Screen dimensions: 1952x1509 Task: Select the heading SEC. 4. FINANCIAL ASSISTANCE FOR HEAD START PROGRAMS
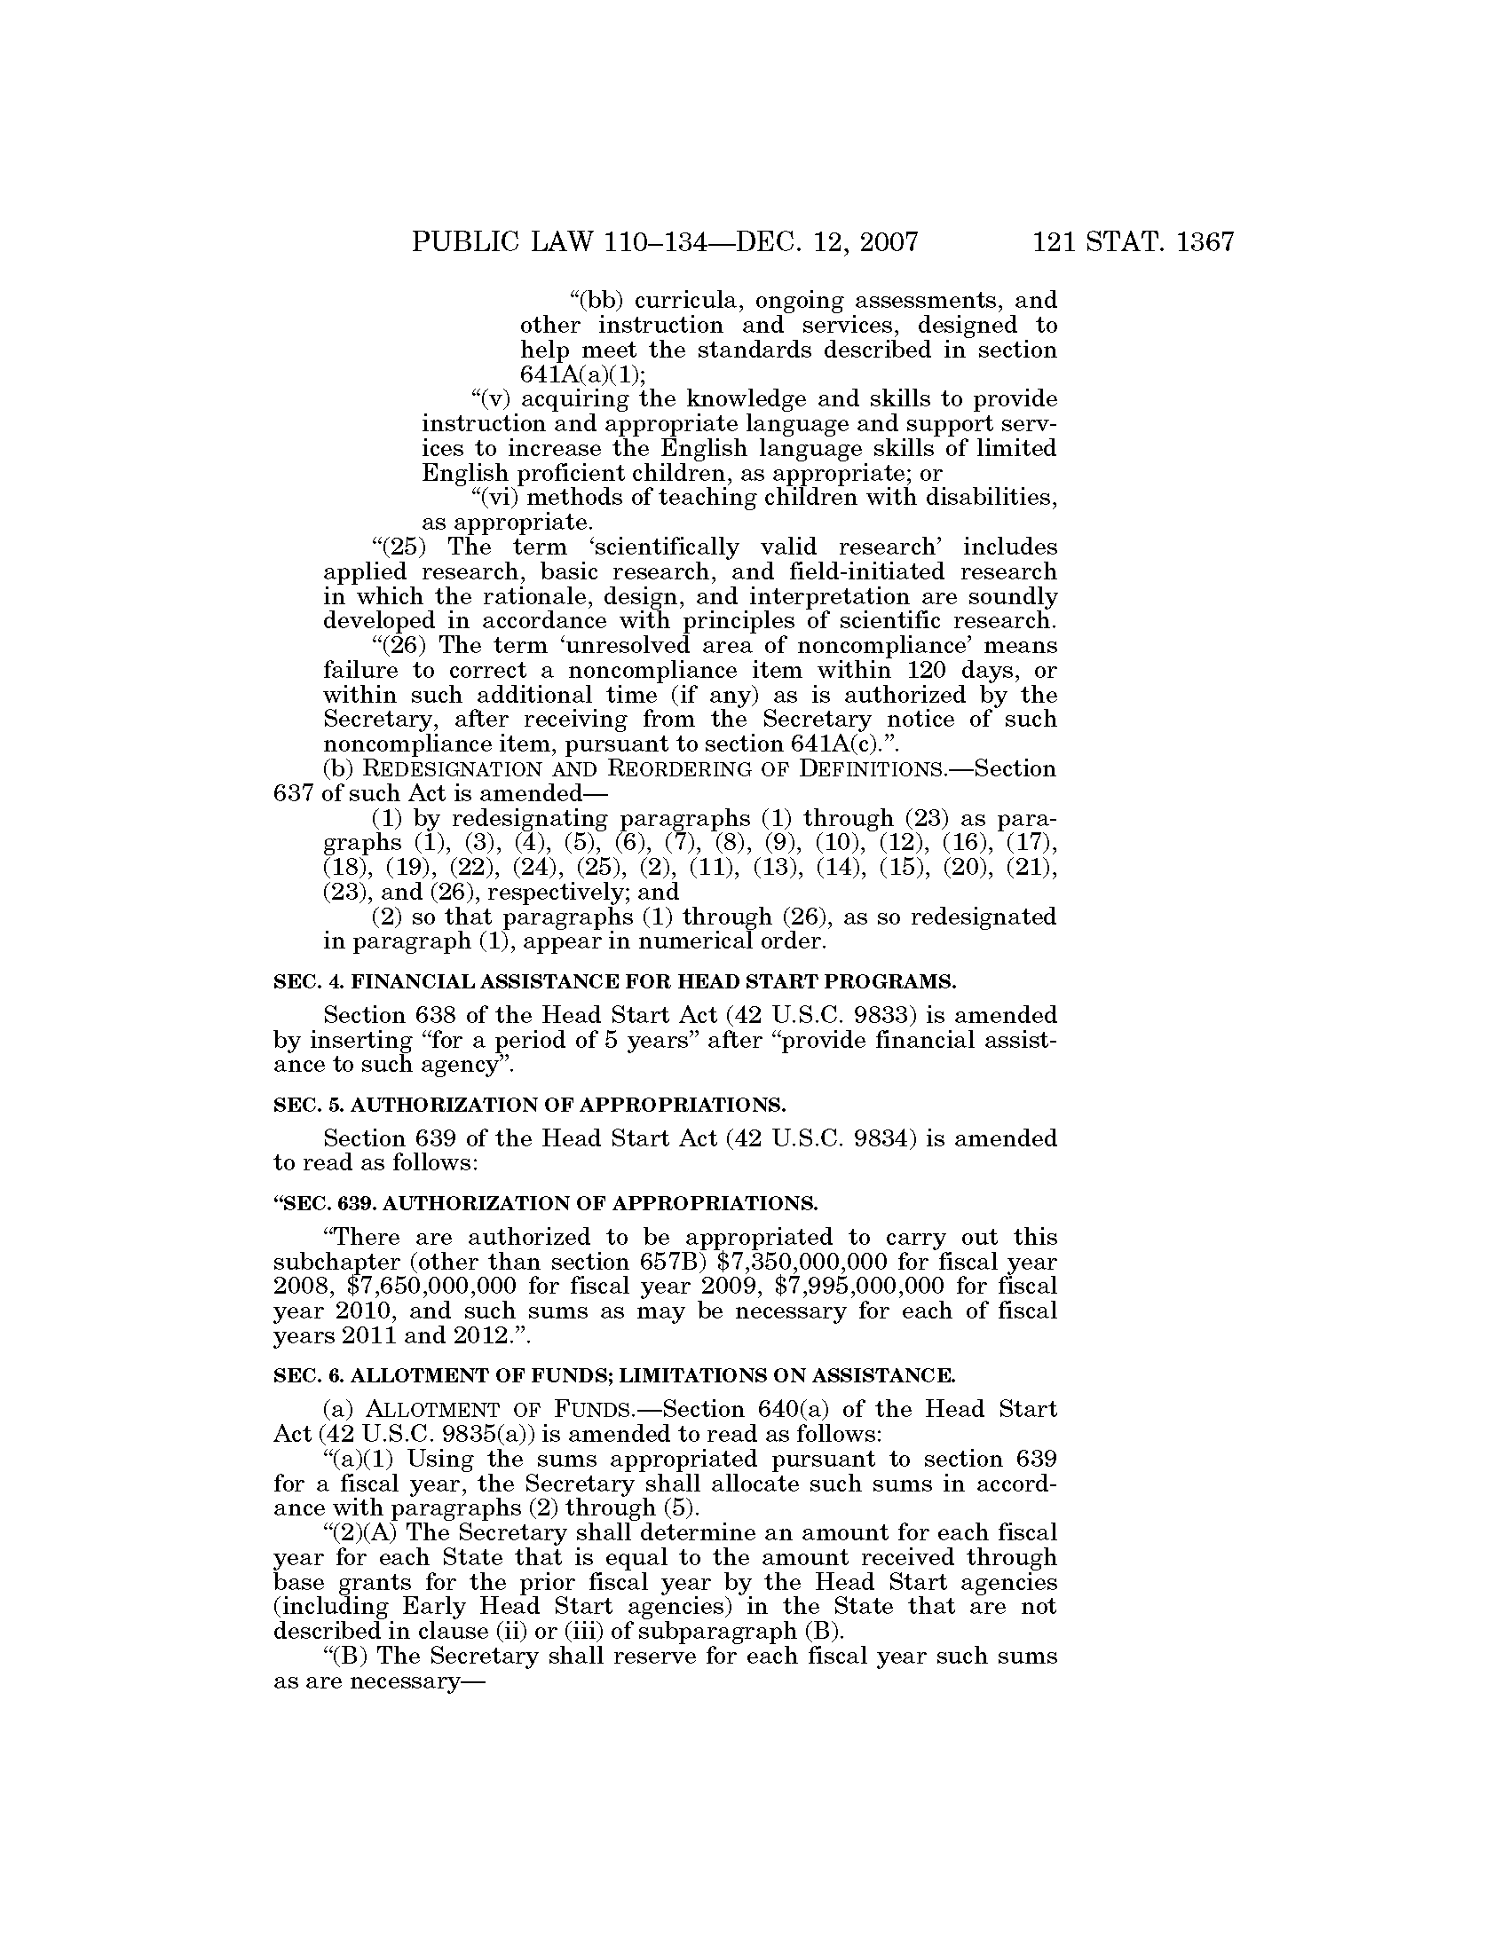(614, 982)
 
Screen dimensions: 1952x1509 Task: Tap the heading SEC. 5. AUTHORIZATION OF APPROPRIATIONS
(529, 1105)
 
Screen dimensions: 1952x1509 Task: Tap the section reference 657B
(672, 1262)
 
